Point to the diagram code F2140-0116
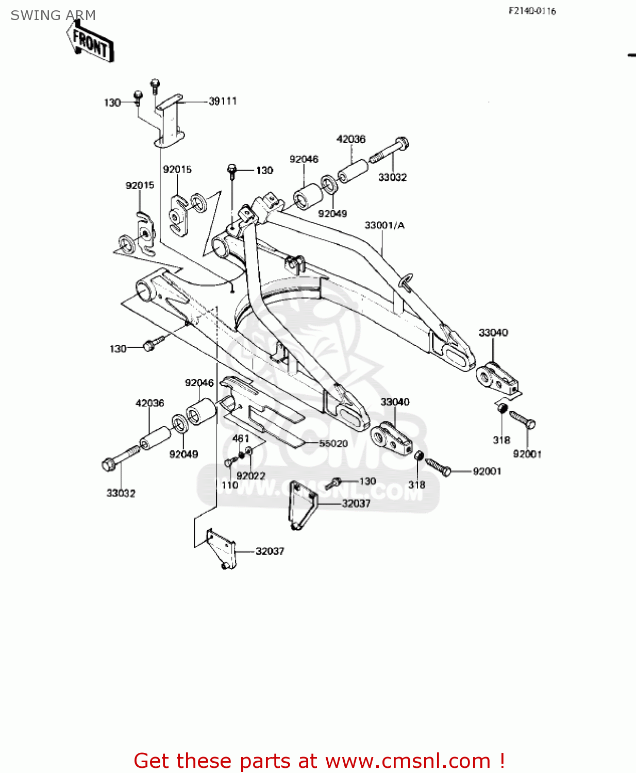click(532, 11)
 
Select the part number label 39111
click(223, 101)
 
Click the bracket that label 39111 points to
click(170, 121)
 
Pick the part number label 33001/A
click(384, 225)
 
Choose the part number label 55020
click(333, 443)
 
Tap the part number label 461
click(241, 439)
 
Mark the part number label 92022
click(251, 476)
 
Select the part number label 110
click(230, 485)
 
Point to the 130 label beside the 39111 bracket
click(112, 103)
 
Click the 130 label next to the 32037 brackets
click(367, 481)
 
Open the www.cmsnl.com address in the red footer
click(408, 761)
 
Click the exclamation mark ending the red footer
click(501, 761)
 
